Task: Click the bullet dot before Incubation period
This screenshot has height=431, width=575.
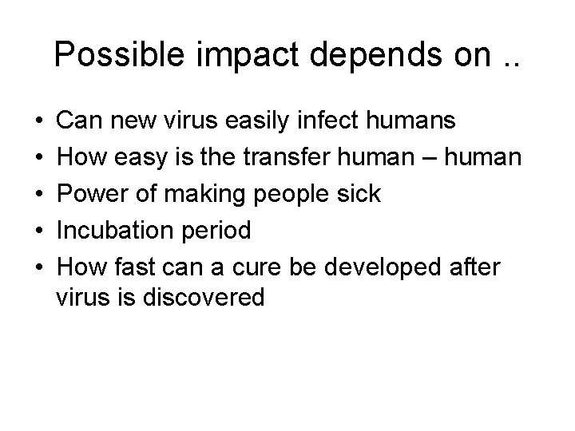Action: tap(38, 231)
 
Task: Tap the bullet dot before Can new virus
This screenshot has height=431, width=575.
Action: tap(38, 122)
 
